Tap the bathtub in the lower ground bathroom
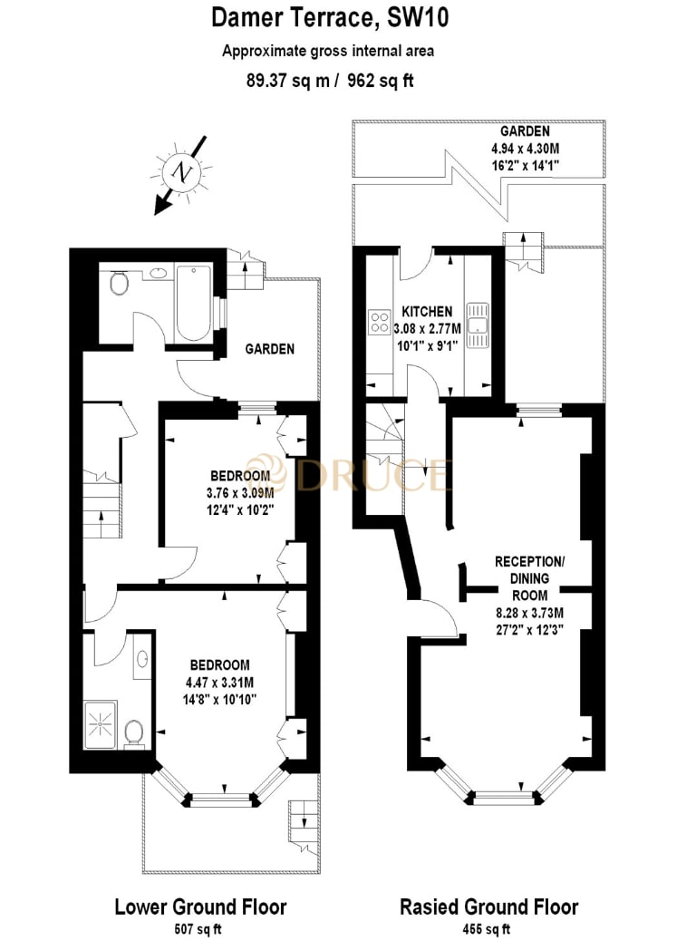click(x=192, y=302)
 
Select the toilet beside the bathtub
click(x=118, y=286)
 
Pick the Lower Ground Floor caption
click(x=200, y=906)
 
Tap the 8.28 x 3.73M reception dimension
click(x=529, y=612)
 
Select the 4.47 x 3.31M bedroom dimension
click(x=217, y=683)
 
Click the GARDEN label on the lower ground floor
click(x=269, y=349)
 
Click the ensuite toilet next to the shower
click(x=133, y=732)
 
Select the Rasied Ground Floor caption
click(x=489, y=906)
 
